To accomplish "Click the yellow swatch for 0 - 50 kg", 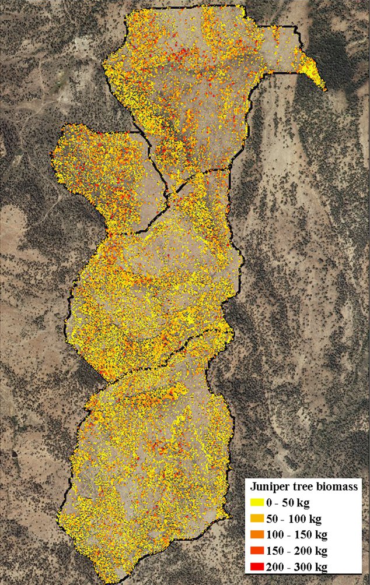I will (258, 502).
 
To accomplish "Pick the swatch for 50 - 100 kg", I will (258, 518).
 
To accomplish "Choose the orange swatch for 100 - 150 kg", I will (258, 534).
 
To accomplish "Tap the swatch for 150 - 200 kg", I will (258, 551).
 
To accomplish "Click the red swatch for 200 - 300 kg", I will (258, 567).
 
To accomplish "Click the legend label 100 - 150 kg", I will (301, 534).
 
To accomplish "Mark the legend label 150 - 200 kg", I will (301, 551).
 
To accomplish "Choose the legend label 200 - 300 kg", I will (301, 567).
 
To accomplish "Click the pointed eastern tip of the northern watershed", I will (325, 90).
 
